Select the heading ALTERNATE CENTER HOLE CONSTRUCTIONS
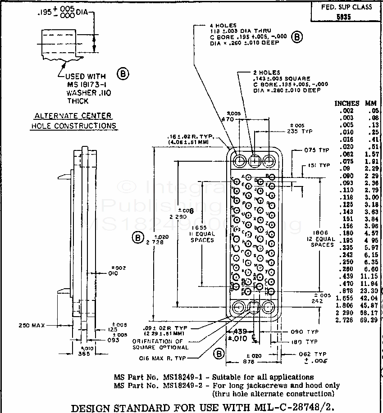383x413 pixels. click(73, 121)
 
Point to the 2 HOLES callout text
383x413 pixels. click(266, 72)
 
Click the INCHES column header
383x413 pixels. click(347, 103)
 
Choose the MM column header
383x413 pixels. click(371, 103)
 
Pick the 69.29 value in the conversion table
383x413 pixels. click(370, 320)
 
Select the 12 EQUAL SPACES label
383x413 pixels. click(322, 239)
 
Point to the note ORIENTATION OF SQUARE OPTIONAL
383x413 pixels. click(160, 344)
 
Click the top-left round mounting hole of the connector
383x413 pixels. click(239, 160)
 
